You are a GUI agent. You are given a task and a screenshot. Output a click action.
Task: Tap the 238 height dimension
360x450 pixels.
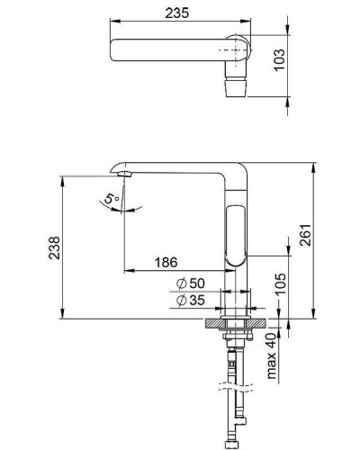coord(56,246)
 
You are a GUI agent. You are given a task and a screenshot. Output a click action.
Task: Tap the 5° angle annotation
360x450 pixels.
coord(111,198)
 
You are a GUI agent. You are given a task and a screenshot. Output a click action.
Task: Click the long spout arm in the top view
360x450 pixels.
coord(171,49)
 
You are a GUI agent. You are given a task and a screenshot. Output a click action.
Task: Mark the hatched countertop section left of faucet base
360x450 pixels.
coord(215,321)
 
